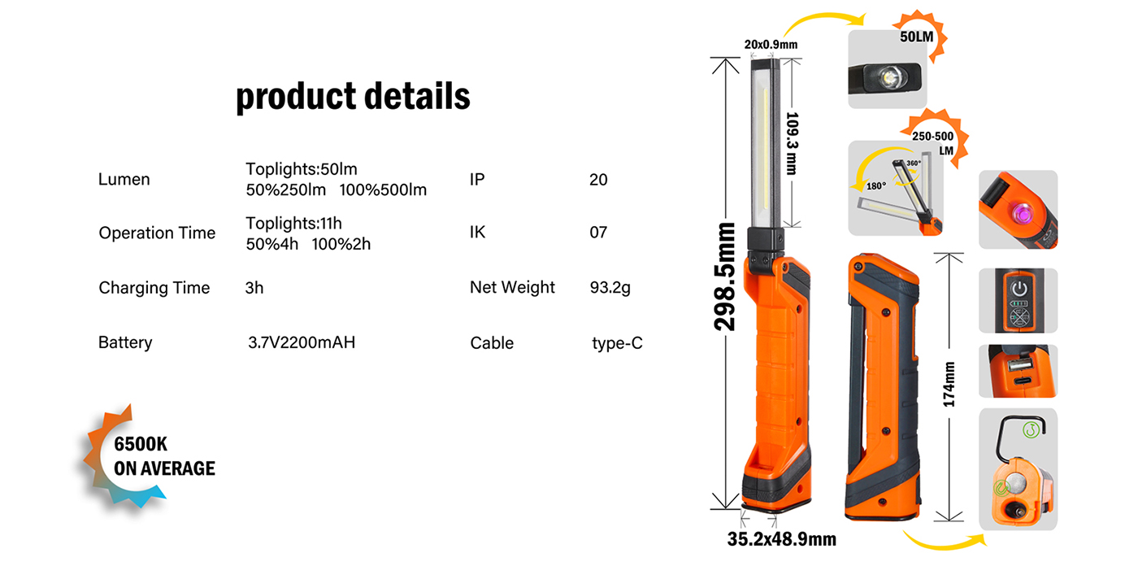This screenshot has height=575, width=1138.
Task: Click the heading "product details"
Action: point(353,97)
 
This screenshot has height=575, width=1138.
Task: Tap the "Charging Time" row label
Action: point(154,288)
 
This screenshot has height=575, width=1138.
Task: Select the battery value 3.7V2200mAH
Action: point(302,342)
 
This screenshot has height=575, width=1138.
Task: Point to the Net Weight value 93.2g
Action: point(610,288)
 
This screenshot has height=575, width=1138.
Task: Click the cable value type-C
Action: point(617,343)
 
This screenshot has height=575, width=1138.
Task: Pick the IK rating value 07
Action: point(598,233)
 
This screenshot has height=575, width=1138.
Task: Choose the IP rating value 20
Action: point(598,180)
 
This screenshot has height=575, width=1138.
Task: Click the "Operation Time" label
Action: point(157,233)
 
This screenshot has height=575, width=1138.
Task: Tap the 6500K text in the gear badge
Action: point(141,444)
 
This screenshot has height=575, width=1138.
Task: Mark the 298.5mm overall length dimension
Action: point(724,277)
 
